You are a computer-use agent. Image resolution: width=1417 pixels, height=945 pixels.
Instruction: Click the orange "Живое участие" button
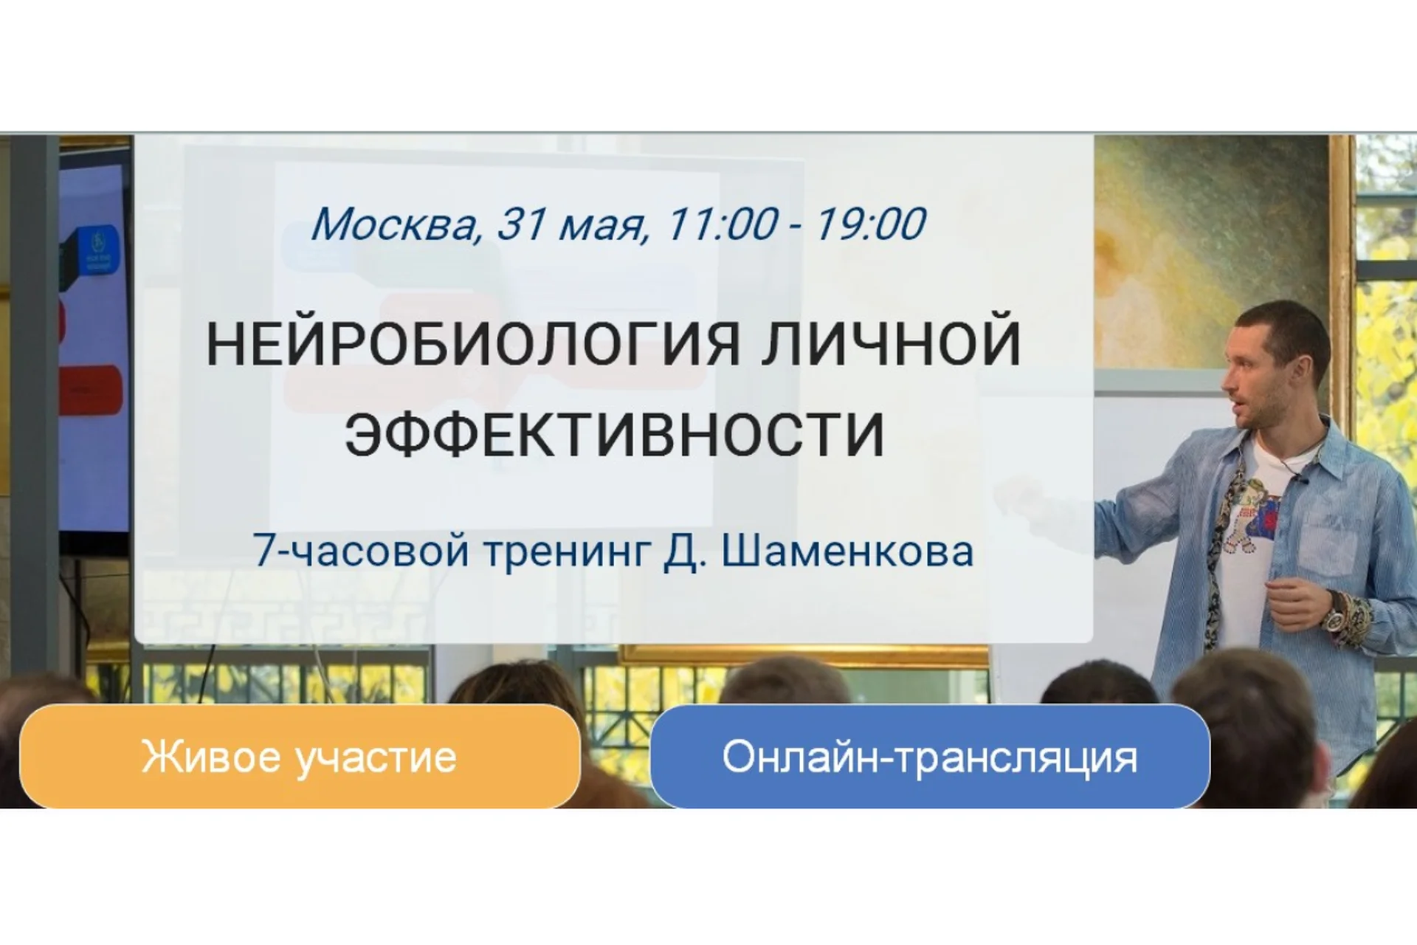click(x=299, y=757)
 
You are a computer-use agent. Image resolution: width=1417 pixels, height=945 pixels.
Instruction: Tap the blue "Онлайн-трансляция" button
click(x=929, y=757)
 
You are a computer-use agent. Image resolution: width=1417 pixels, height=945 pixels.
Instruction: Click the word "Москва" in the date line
click(x=395, y=224)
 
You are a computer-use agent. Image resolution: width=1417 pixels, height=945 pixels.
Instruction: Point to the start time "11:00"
click(x=722, y=224)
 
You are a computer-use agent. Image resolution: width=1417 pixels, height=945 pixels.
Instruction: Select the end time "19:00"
click(x=870, y=224)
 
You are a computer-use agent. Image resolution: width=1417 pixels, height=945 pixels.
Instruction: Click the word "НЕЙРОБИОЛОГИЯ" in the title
click(x=472, y=344)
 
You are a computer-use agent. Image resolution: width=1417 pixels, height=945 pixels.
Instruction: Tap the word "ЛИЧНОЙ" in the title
click(x=891, y=344)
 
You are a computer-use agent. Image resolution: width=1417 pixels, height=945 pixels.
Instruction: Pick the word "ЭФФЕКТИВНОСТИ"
click(x=614, y=434)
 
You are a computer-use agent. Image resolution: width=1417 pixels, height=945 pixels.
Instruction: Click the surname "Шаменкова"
click(x=847, y=551)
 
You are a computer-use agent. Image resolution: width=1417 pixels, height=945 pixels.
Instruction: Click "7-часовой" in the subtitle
click(x=361, y=551)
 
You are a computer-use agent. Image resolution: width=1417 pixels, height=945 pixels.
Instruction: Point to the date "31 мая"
click(x=570, y=224)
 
